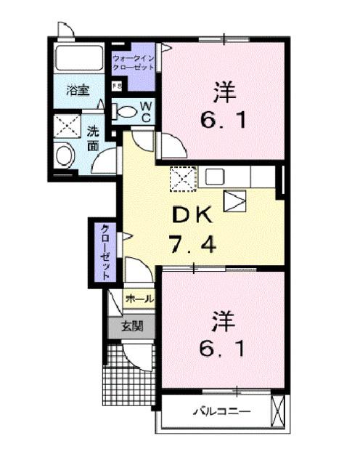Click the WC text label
(x=145, y=112)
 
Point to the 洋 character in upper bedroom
(x=221, y=92)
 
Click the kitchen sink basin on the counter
(x=216, y=176)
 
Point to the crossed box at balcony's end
(x=277, y=411)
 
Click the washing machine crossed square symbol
(x=67, y=124)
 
